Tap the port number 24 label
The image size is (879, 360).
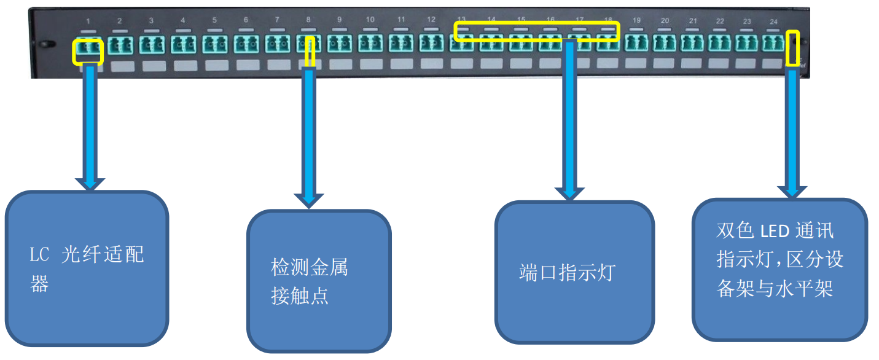[x=773, y=22]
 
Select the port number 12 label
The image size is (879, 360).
[x=431, y=20]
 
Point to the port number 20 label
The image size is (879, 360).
[x=665, y=21]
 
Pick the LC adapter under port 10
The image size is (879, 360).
[x=370, y=44]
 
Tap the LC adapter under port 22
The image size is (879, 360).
[x=719, y=43]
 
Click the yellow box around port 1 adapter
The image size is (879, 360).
[x=88, y=52]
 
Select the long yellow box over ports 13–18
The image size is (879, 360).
[x=537, y=31]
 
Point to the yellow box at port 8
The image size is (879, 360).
[x=310, y=52]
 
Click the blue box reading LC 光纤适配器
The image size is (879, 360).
[x=87, y=268]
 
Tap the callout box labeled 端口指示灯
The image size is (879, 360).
[x=574, y=272]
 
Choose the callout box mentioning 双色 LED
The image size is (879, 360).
[x=779, y=268]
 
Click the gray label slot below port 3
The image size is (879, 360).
[x=151, y=65]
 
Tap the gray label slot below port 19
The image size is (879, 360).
[x=636, y=63]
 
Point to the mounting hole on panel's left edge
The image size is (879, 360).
[x=43, y=45]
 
